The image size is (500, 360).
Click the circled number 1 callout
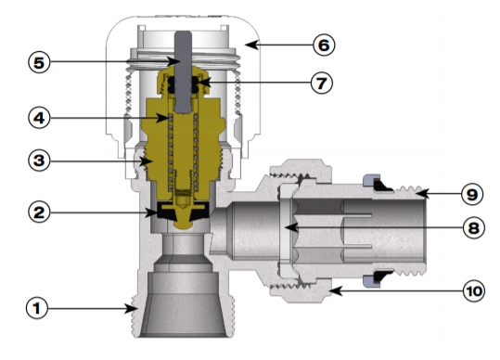click(x=37, y=308)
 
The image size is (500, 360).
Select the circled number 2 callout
click(x=39, y=212)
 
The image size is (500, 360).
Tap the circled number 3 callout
click(x=39, y=161)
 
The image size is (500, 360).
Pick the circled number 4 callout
click(x=39, y=118)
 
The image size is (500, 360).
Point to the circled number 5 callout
click(x=39, y=62)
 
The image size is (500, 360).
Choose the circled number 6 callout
click(x=324, y=45)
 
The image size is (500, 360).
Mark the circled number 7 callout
click(x=322, y=83)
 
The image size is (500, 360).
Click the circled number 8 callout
click(x=473, y=228)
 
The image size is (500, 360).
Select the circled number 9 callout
click(x=472, y=194)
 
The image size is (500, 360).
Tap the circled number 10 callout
click(x=474, y=291)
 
